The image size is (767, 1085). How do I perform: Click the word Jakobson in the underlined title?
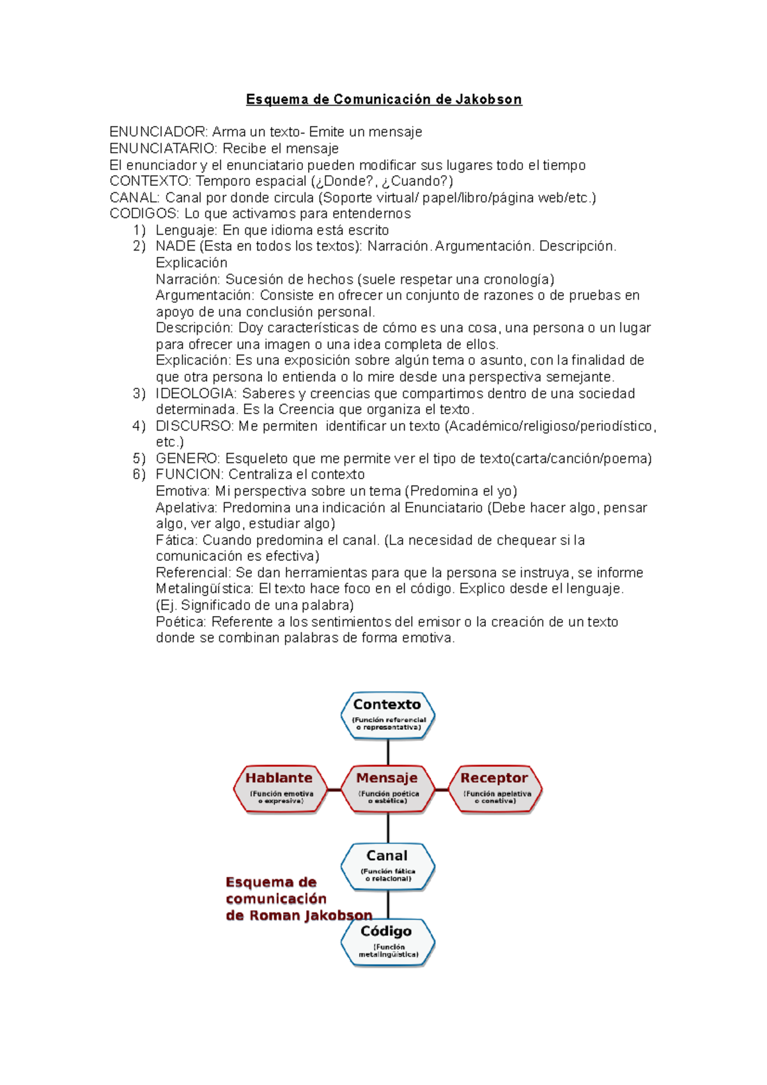(x=488, y=100)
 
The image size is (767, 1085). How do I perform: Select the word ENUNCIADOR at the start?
(x=158, y=132)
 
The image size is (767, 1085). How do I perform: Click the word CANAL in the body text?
(x=134, y=198)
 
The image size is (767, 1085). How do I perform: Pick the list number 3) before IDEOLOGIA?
(x=139, y=394)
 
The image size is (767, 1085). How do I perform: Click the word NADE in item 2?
(x=175, y=247)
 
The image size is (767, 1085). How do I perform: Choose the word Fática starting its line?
(x=176, y=541)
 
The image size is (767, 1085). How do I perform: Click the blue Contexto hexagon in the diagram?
(x=387, y=715)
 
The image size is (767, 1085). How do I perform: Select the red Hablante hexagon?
(x=279, y=789)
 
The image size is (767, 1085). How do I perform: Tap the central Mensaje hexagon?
(x=387, y=789)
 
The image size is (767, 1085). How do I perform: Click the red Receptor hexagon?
(x=495, y=789)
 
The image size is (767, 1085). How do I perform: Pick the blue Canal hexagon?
(x=387, y=866)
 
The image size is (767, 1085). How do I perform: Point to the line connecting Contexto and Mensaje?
(x=388, y=752)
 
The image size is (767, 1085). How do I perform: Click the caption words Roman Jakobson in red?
(x=310, y=916)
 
